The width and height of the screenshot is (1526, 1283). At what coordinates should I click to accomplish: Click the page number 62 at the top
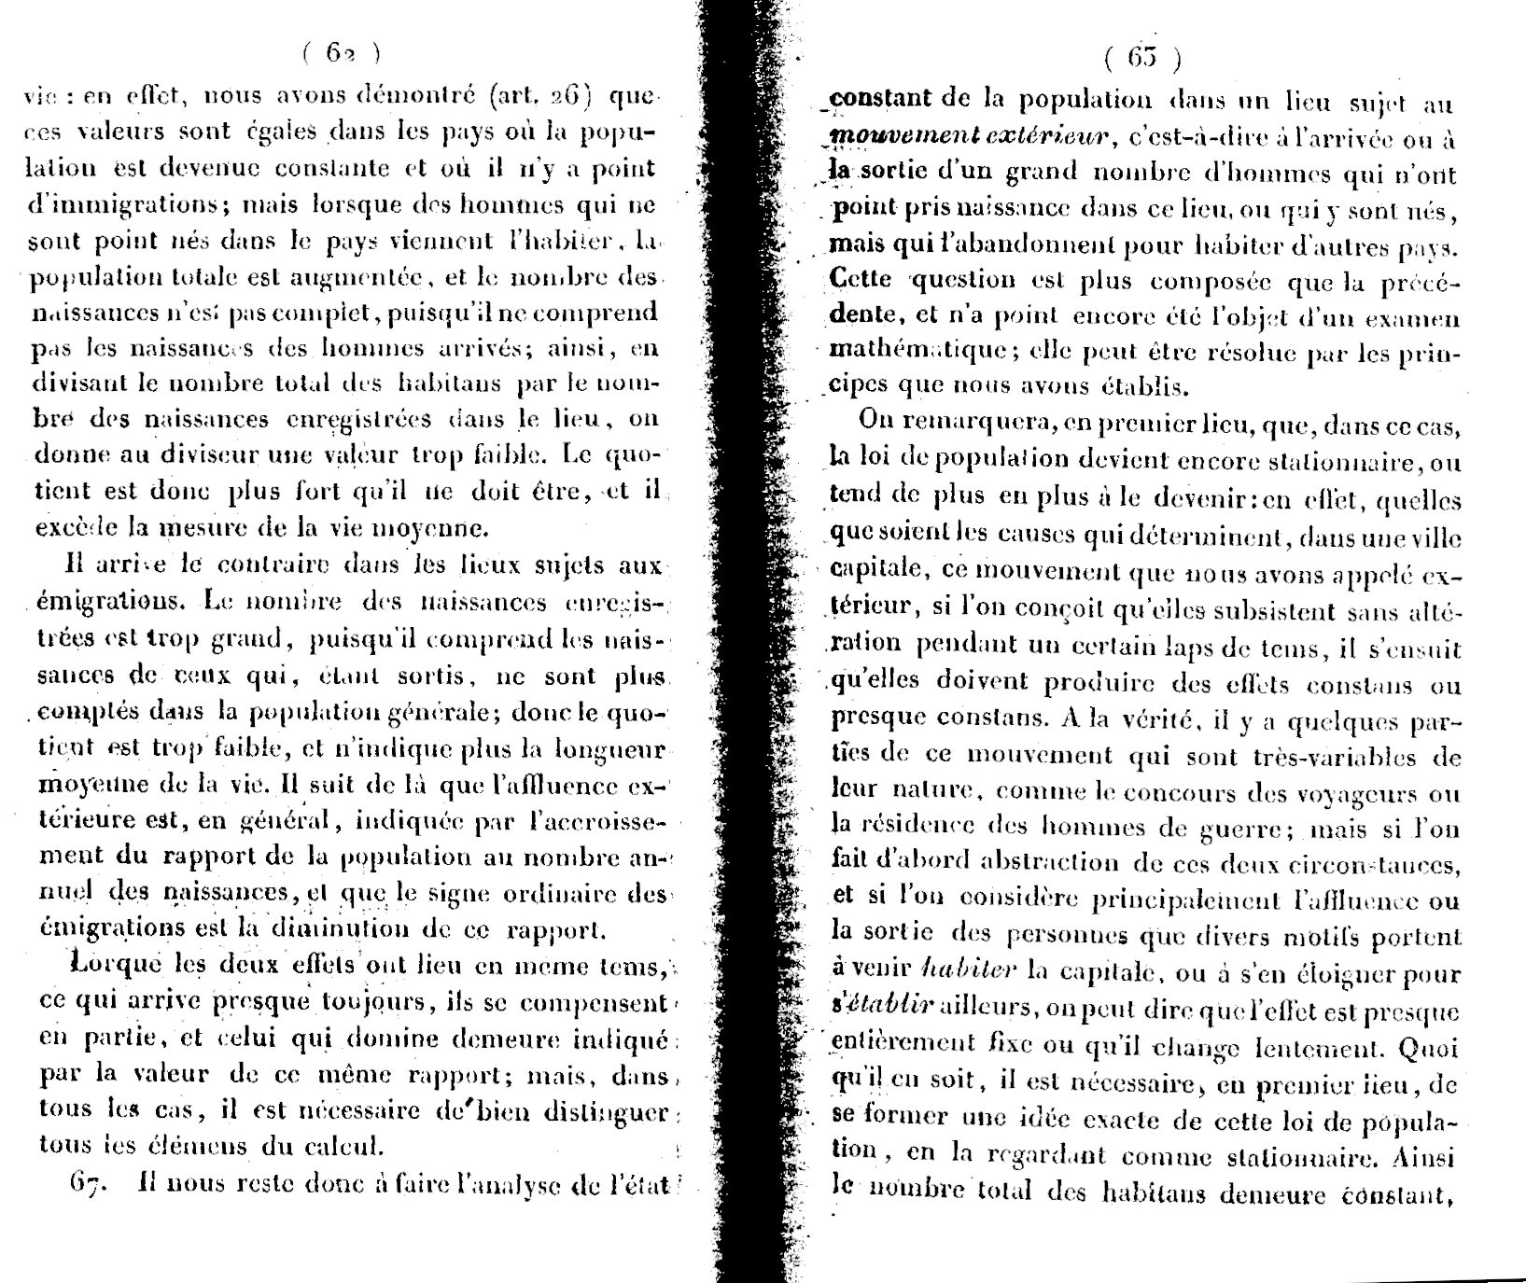(340, 53)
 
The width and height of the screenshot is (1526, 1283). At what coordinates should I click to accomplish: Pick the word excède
(68, 528)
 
